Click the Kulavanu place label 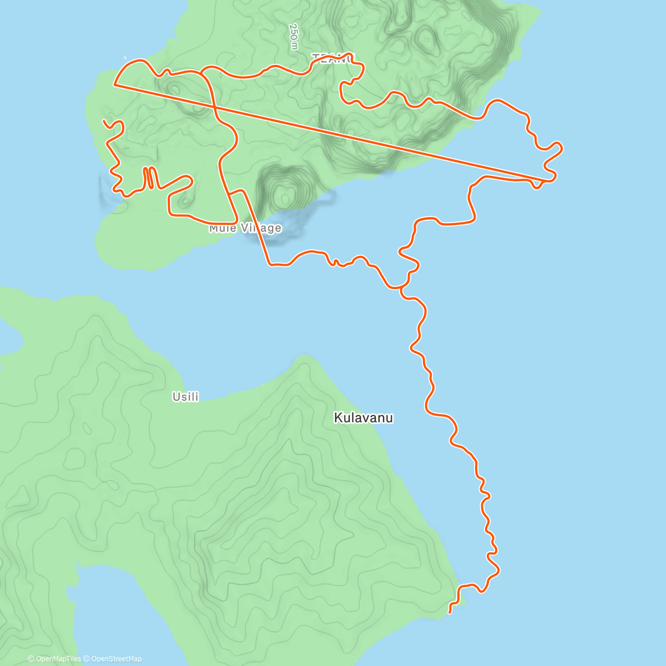363,418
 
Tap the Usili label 185,397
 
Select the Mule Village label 245,228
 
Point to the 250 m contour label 294,37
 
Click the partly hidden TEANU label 332,58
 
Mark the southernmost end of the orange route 449,613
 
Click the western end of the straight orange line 114,85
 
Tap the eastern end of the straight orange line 546,181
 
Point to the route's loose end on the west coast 104,120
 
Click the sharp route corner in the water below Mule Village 270,265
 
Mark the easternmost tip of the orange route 562,147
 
